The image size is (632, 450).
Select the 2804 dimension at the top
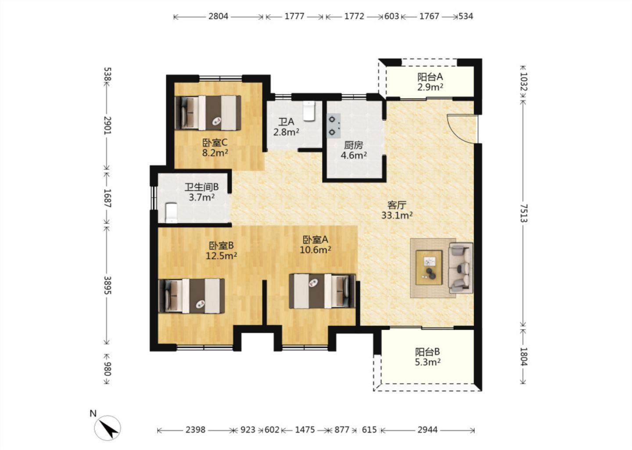point(218,16)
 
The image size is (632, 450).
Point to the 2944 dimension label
point(427,430)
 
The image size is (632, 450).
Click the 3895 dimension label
point(107,285)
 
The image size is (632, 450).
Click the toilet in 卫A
point(309,111)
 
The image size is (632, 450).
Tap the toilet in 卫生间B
point(172,213)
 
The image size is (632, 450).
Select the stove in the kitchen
point(334,126)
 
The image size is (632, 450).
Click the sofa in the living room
point(461,268)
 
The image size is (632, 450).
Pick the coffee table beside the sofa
point(429,268)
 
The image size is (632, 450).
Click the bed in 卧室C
point(208,112)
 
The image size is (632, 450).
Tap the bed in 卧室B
point(191,296)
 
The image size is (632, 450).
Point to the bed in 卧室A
point(322,291)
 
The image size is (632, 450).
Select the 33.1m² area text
point(397,215)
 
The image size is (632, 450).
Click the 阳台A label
point(430,77)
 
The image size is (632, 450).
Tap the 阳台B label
point(427,352)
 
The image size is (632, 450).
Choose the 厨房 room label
point(353,145)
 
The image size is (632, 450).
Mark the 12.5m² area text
point(221,256)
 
